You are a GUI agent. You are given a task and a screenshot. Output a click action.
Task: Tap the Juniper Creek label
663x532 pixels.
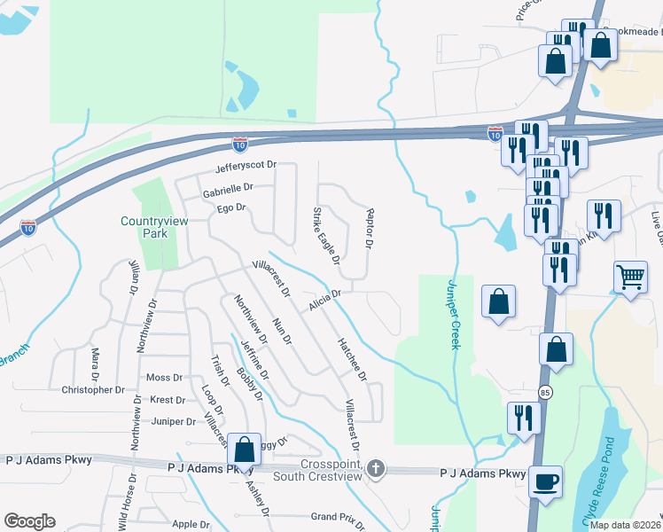tap(454, 314)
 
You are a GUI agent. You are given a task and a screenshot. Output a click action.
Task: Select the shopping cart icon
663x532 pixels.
tap(629, 277)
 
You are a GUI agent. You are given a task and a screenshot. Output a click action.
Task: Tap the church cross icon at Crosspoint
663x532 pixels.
tap(377, 468)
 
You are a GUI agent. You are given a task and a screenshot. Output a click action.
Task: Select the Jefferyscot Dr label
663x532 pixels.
tap(246, 166)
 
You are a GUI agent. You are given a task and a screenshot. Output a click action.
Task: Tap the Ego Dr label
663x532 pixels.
tap(230, 208)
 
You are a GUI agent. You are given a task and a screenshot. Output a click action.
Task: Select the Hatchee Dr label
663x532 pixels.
tap(351, 359)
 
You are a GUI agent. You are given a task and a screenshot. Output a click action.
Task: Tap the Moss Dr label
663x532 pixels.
tap(164, 378)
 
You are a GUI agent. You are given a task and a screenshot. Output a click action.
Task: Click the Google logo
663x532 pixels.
tap(29, 521)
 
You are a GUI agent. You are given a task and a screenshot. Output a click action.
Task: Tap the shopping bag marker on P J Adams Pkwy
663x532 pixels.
tap(244, 449)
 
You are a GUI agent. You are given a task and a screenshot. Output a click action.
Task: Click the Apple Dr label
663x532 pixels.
tap(191, 525)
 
